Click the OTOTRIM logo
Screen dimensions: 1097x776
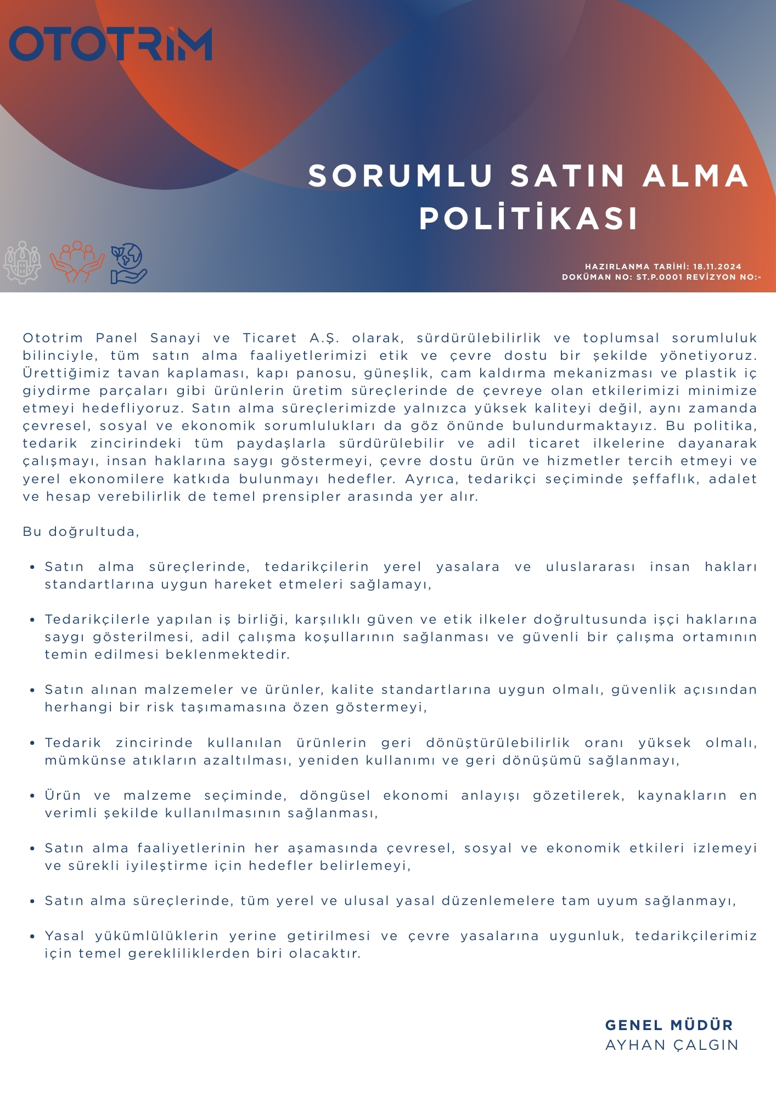(x=110, y=44)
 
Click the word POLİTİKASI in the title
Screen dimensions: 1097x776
(x=529, y=218)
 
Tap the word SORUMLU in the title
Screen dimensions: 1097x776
(x=401, y=176)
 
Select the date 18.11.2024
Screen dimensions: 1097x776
(x=717, y=267)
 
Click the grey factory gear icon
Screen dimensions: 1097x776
(x=22, y=262)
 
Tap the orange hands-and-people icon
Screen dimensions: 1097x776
(x=77, y=262)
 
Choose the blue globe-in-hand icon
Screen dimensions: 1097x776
(x=128, y=263)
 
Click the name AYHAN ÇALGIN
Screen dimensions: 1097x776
(x=672, y=1045)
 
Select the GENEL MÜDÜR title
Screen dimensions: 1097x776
(x=669, y=1025)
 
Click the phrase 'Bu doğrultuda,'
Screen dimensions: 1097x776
(x=81, y=531)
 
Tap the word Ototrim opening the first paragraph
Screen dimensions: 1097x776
(x=53, y=338)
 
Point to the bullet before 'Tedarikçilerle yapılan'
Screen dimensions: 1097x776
(x=33, y=620)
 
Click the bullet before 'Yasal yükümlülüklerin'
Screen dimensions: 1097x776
(x=33, y=936)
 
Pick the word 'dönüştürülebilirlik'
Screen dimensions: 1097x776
(x=498, y=743)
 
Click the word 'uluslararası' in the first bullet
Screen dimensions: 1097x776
(x=590, y=567)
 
